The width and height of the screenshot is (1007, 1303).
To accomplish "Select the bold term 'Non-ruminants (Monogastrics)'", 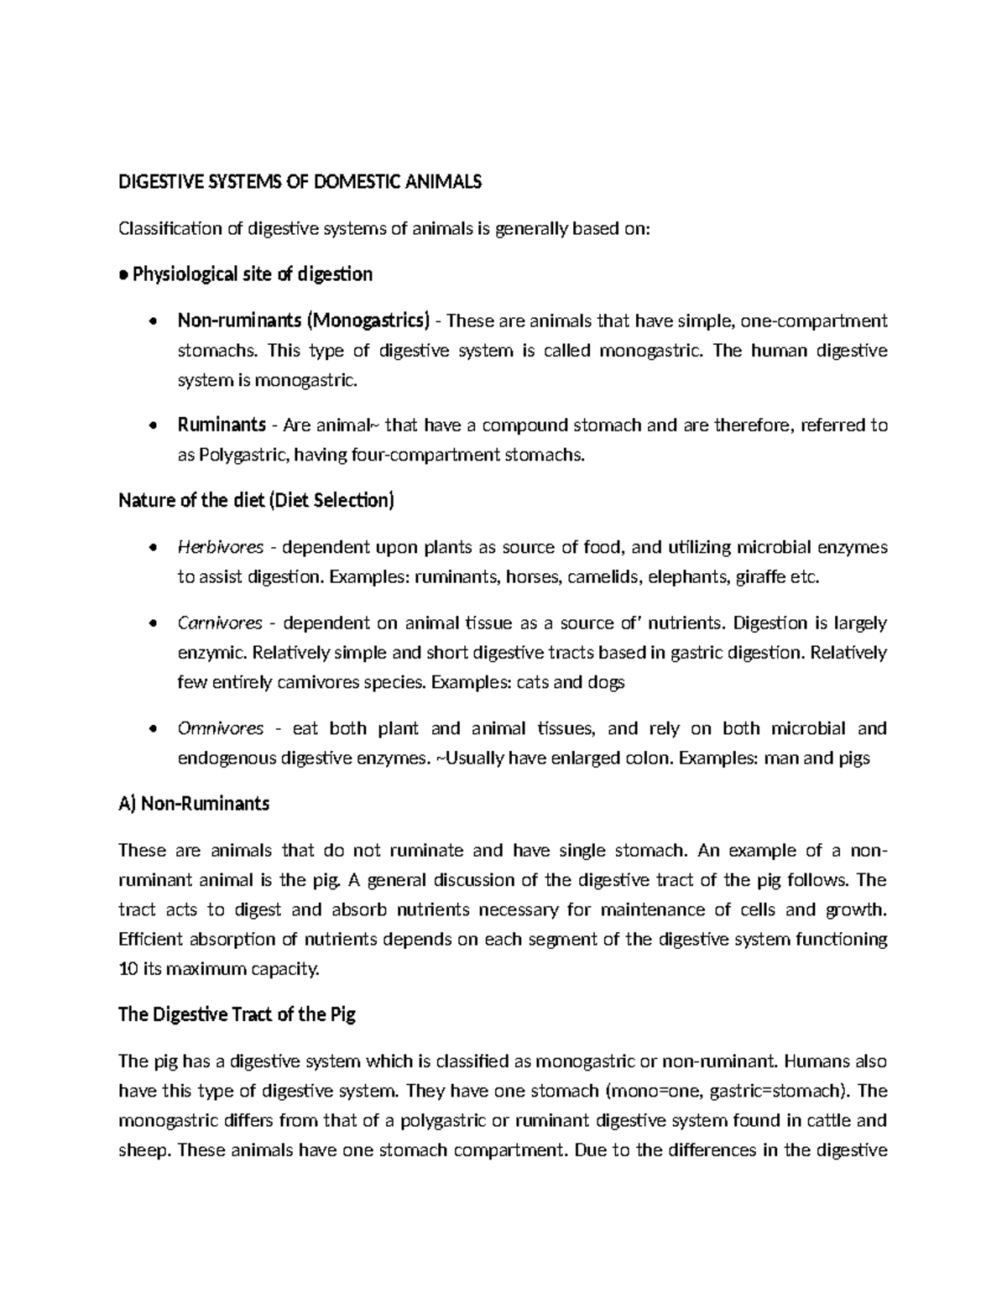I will (304, 321).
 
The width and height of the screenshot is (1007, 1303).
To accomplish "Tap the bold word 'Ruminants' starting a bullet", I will (222, 425).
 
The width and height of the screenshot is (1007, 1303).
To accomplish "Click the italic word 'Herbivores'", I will (221, 548).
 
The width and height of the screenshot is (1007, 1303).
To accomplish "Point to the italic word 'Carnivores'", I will (220, 623).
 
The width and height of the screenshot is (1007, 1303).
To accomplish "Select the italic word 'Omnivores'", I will (221, 728).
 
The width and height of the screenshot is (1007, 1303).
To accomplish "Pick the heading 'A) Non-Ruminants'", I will (194, 804).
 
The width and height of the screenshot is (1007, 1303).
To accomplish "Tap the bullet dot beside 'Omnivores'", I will (152, 729).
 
